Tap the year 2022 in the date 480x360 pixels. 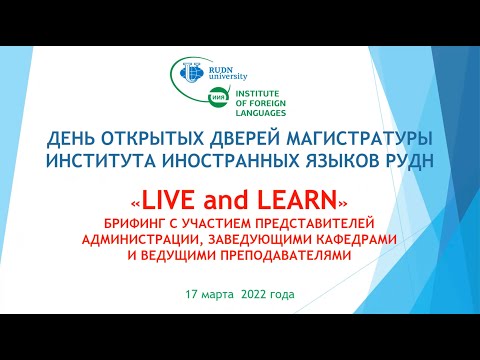point(254,295)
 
